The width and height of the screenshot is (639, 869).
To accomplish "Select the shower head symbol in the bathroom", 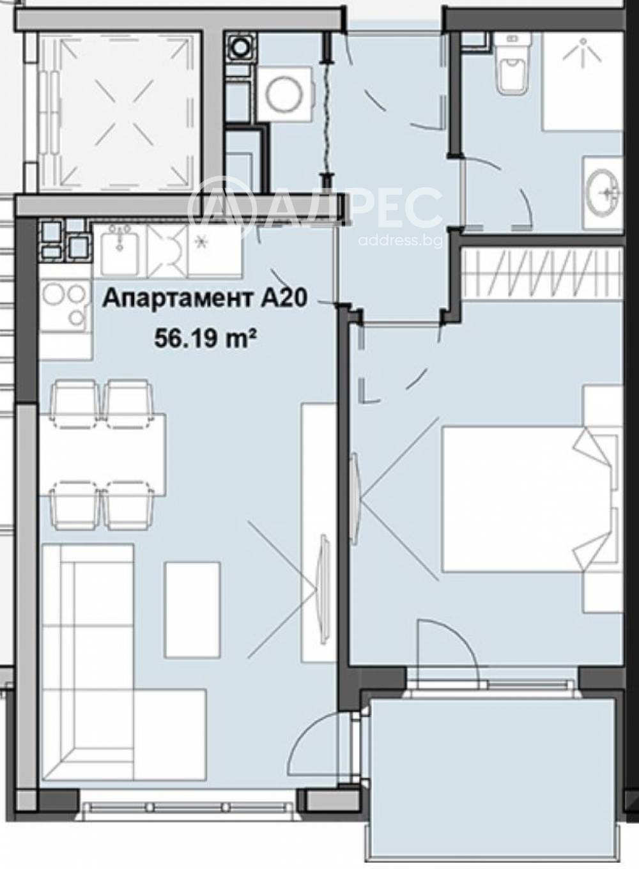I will pos(582,47).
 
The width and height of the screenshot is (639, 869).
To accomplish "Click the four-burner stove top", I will pos(64,307).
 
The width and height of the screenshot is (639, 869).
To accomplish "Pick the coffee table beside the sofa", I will pos(192,608).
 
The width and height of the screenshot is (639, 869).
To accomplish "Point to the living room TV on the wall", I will pos(323,562).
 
